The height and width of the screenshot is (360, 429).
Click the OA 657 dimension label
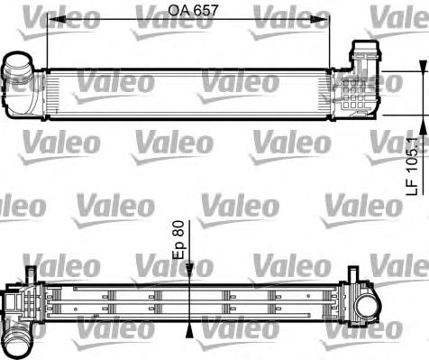pyautogui.click(x=194, y=12)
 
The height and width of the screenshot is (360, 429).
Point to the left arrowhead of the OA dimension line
pyautogui.click(x=50, y=25)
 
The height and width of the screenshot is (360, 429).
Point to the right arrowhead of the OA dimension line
pyautogui.click(x=326, y=25)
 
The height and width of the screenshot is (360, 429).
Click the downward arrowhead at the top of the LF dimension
pyautogui.click(x=421, y=67)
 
